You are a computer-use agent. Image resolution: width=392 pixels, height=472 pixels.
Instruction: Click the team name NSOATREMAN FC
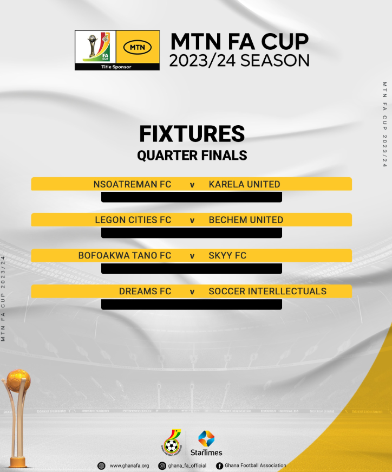click(x=132, y=184)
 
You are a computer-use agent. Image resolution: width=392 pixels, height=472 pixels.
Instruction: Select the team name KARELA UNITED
click(x=244, y=184)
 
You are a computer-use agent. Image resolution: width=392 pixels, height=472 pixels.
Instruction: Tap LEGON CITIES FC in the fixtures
click(x=133, y=220)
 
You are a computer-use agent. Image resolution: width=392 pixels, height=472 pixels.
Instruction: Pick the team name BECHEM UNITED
click(x=246, y=220)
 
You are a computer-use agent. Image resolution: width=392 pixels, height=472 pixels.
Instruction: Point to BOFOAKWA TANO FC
click(x=125, y=255)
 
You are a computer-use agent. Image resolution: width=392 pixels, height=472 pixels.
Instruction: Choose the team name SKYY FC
click(x=227, y=255)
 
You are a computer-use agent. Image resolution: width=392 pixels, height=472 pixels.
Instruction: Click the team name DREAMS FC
click(x=145, y=292)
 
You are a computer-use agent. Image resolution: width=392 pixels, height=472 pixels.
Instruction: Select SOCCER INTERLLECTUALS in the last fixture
click(x=267, y=292)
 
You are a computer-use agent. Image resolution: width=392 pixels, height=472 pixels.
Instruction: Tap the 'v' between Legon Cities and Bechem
click(x=192, y=221)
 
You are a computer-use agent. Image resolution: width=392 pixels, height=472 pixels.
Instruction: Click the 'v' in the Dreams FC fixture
click(x=192, y=292)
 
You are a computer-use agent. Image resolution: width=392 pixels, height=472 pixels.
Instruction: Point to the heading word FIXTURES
click(x=192, y=134)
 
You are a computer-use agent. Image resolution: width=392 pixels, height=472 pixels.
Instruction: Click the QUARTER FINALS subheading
click(x=192, y=156)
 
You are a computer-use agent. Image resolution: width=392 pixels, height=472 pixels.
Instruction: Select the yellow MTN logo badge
click(x=138, y=47)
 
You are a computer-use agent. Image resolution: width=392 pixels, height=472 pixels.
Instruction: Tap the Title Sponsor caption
click(x=116, y=67)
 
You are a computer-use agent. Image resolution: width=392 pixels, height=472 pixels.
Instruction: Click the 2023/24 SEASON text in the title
click(x=239, y=60)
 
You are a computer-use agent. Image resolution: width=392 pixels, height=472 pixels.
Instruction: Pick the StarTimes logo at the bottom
click(x=206, y=443)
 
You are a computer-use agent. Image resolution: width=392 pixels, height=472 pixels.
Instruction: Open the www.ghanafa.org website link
click(x=129, y=465)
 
